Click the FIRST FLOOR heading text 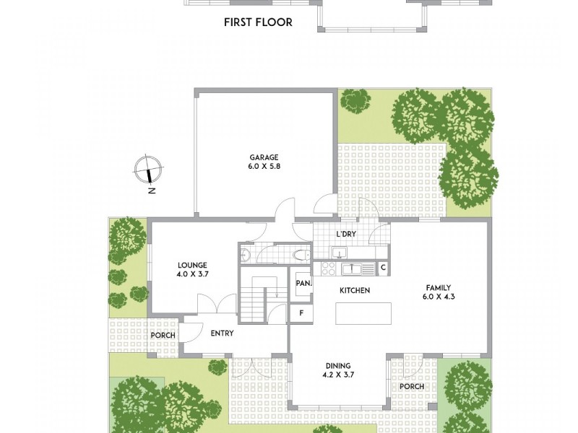[x=258, y=22]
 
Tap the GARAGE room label [x=264, y=157]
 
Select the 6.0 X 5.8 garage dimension [x=264, y=167]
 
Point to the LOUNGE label [x=191, y=265]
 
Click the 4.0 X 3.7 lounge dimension [x=191, y=274]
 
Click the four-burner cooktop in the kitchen [x=327, y=268]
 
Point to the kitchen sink [x=352, y=268]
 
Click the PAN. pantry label [x=303, y=284]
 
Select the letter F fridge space [x=301, y=313]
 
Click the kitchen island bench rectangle [x=363, y=313]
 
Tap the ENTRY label [x=222, y=333]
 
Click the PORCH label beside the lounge [x=163, y=336]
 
